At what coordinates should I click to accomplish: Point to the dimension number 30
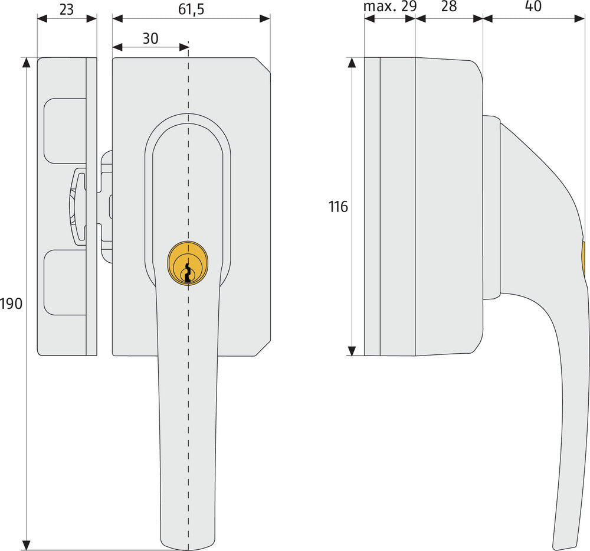click(150, 38)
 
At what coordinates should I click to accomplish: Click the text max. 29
click(389, 7)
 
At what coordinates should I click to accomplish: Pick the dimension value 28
click(449, 7)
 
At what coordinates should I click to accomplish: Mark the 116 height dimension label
click(339, 207)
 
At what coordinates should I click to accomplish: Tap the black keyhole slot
click(188, 273)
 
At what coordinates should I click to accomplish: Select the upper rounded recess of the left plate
click(64, 131)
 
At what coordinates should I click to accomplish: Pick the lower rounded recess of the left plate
click(64, 282)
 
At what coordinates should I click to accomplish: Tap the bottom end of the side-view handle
click(563, 545)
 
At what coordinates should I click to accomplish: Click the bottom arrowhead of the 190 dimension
click(26, 545)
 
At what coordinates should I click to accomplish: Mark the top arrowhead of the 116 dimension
click(352, 63)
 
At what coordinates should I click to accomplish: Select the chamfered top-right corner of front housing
click(263, 65)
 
